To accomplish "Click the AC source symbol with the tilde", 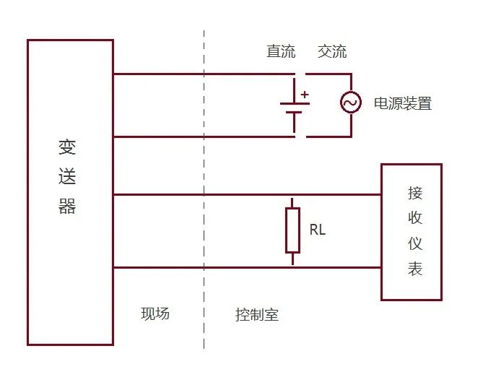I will click(x=351, y=103).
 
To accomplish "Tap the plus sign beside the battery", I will click(x=305, y=94).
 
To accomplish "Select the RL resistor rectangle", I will click(x=292, y=230).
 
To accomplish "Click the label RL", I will click(x=318, y=230).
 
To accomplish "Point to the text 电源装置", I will click(x=402, y=103).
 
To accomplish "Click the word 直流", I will click(x=281, y=52).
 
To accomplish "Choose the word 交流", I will click(x=332, y=52).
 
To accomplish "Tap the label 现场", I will click(x=155, y=313).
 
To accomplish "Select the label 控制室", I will click(x=256, y=315).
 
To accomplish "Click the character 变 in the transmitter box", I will click(x=67, y=147).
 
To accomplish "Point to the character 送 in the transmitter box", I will click(x=67, y=177).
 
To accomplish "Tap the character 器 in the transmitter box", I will click(x=67, y=207).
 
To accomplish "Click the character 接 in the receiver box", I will click(x=415, y=193).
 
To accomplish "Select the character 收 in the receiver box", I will click(x=415, y=218).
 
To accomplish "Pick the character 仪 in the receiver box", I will click(x=415, y=243).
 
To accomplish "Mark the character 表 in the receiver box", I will click(x=415, y=269).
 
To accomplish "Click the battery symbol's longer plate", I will click(x=295, y=104).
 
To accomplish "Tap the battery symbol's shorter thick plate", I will click(x=295, y=112).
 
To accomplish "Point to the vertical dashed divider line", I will click(x=204, y=217).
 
